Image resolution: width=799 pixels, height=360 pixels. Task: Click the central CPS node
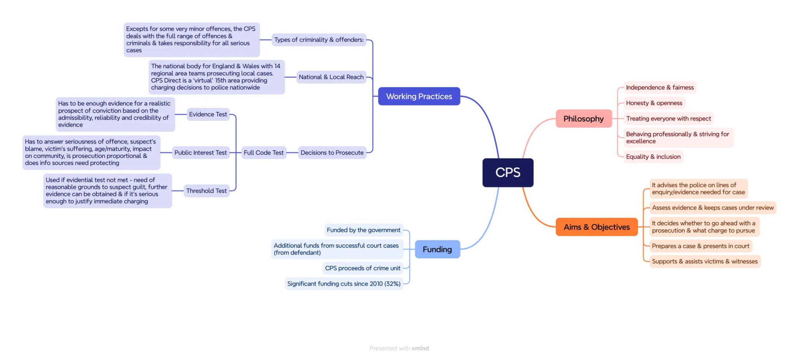click(x=508, y=172)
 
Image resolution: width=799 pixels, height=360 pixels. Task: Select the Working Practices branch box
click(x=419, y=96)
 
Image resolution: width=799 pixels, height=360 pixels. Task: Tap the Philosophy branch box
click(x=583, y=119)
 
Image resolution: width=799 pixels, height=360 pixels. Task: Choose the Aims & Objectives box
click(x=596, y=227)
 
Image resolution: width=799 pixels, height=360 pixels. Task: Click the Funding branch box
click(x=437, y=249)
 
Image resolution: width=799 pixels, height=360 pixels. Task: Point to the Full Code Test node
click(x=263, y=153)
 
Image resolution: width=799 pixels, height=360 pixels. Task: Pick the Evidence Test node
click(x=208, y=114)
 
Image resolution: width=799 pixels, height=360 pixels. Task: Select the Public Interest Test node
click(x=200, y=153)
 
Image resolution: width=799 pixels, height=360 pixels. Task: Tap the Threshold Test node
click(x=206, y=191)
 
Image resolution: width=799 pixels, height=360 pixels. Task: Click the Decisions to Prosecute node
click(x=332, y=153)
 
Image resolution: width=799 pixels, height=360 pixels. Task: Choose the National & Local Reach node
click(x=331, y=77)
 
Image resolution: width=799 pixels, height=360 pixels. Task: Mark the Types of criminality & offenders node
click(x=319, y=40)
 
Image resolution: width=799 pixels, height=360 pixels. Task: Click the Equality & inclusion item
click(x=653, y=157)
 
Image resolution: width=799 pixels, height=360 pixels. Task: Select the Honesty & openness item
click(x=654, y=103)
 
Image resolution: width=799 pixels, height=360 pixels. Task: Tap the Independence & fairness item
click(x=660, y=87)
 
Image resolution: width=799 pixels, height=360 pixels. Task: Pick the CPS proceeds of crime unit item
click(x=362, y=268)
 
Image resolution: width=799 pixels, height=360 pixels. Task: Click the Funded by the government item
click(x=363, y=230)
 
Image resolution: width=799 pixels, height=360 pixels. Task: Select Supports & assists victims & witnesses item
click(x=705, y=261)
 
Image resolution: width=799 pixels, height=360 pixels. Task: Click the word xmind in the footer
click(x=420, y=348)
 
